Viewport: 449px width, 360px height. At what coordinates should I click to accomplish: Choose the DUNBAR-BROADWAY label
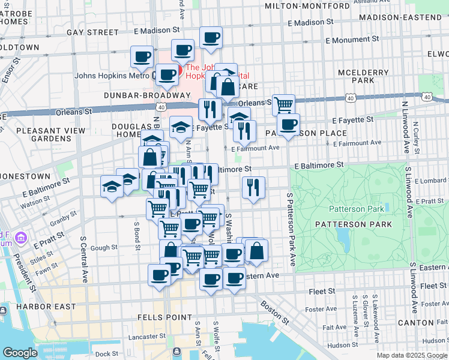147,95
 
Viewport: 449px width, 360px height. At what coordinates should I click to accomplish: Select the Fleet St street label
321,291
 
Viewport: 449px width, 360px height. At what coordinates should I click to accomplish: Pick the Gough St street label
104,247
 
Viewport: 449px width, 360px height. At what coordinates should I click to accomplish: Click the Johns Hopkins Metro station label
111,76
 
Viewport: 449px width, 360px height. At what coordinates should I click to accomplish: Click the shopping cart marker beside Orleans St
283,104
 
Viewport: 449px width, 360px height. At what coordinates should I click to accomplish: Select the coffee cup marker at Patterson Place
288,124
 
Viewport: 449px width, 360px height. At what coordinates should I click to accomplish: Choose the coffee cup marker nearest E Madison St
210,38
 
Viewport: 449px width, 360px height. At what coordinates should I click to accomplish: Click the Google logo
20,353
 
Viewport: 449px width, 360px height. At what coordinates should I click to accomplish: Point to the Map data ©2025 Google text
411,355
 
